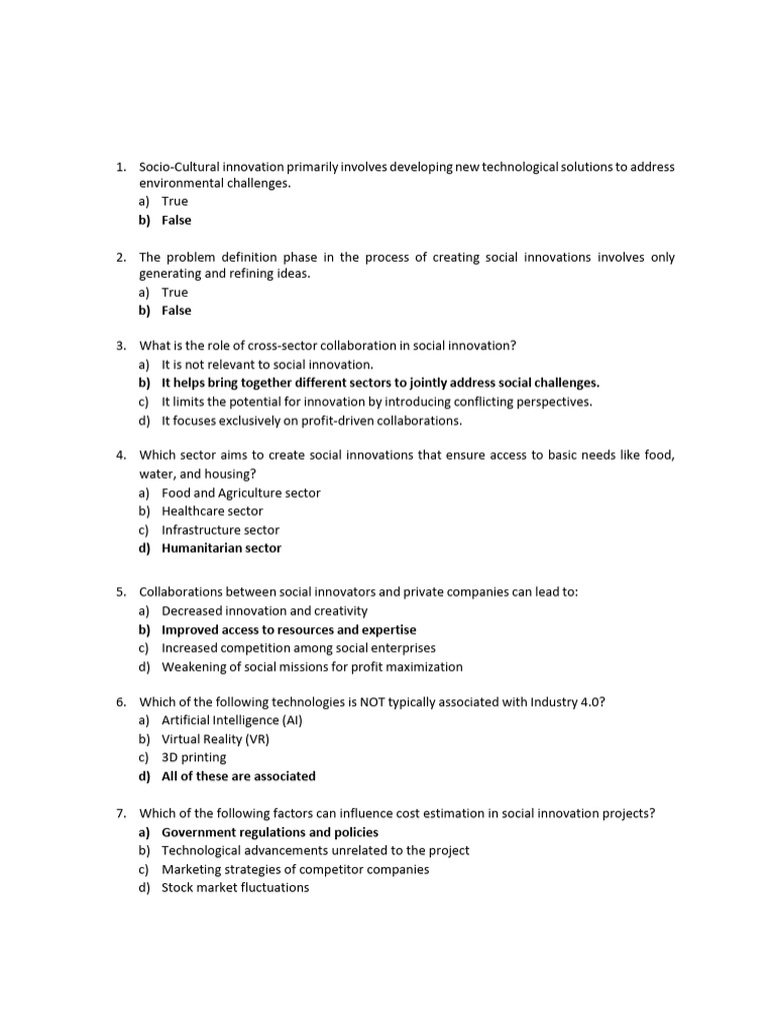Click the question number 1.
click(x=120, y=166)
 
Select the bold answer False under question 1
click(x=176, y=220)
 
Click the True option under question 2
click(x=174, y=292)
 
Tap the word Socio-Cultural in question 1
click(x=182, y=166)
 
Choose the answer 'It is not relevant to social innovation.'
click(x=267, y=365)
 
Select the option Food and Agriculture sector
click(x=241, y=493)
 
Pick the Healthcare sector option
click(x=212, y=511)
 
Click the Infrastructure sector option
click(x=220, y=529)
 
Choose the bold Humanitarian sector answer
click(x=221, y=547)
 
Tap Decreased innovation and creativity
click(x=264, y=610)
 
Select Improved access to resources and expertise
click(x=289, y=629)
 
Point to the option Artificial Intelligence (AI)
click(x=231, y=720)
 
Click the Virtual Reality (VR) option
click(x=215, y=739)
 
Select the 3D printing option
click(x=194, y=757)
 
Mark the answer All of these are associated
click(x=238, y=775)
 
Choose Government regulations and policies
click(x=270, y=832)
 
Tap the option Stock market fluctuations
click(x=235, y=887)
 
